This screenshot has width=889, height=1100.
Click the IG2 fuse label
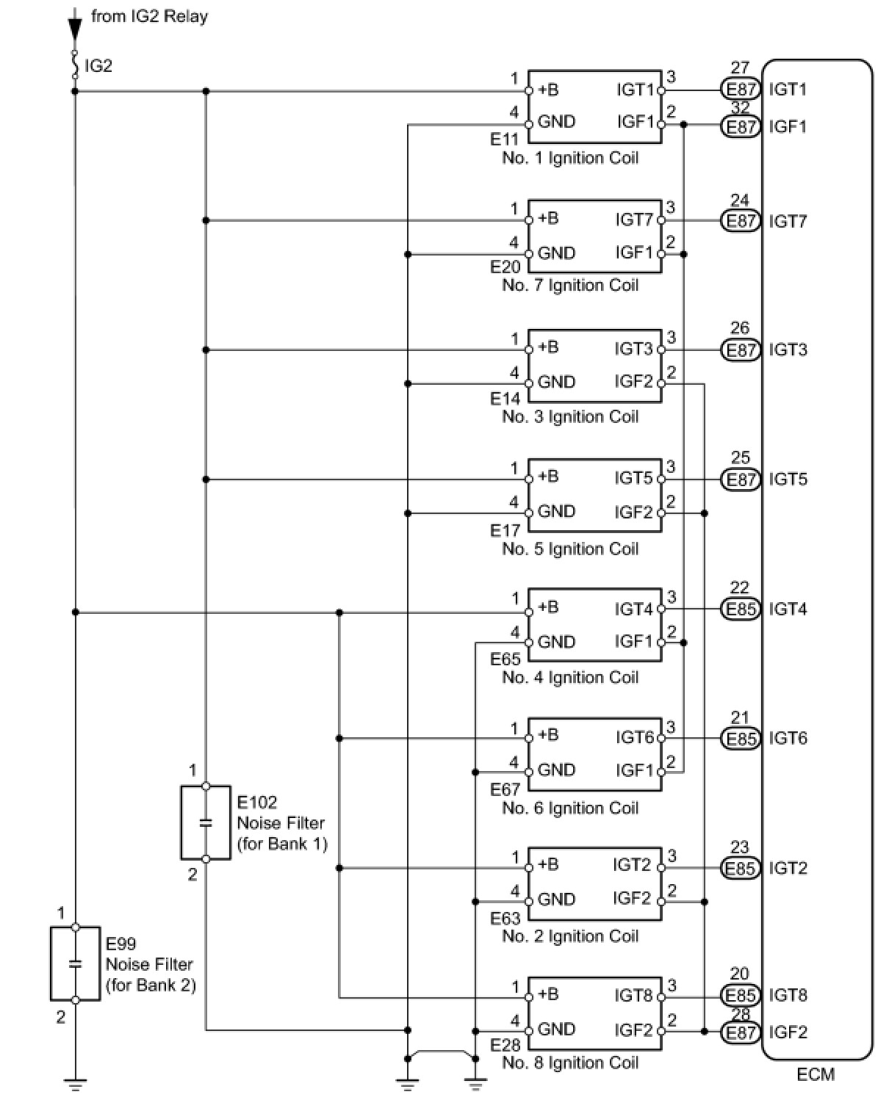pos(98,66)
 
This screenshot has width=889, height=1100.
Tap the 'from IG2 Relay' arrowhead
pos(74,29)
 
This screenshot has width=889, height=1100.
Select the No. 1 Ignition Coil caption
pos(570,158)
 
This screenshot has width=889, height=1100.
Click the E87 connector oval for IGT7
pos(741,220)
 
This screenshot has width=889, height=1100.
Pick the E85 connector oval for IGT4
pos(741,609)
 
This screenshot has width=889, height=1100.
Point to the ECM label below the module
pos(816,1074)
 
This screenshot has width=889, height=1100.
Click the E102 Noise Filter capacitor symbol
pos(206,822)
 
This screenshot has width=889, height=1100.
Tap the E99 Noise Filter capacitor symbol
pos(75,963)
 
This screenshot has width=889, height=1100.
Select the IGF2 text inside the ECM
pos(788,1032)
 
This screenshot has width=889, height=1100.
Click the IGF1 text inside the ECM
pos(788,126)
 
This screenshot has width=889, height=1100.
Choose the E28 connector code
pos(505,1045)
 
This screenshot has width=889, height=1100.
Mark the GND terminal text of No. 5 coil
pos(556,512)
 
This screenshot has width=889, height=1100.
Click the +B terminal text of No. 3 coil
pos(548,347)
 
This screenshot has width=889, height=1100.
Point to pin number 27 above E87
pos(740,68)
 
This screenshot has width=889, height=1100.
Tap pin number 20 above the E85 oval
pos(740,974)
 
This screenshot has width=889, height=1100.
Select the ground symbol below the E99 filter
pos(75,1082)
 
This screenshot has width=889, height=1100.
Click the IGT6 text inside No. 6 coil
pos(634,738)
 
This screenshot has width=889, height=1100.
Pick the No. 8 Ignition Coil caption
pos(570,1063)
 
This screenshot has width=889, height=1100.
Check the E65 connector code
pos(505,659)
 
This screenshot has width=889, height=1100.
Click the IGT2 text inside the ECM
pos(788,868)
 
